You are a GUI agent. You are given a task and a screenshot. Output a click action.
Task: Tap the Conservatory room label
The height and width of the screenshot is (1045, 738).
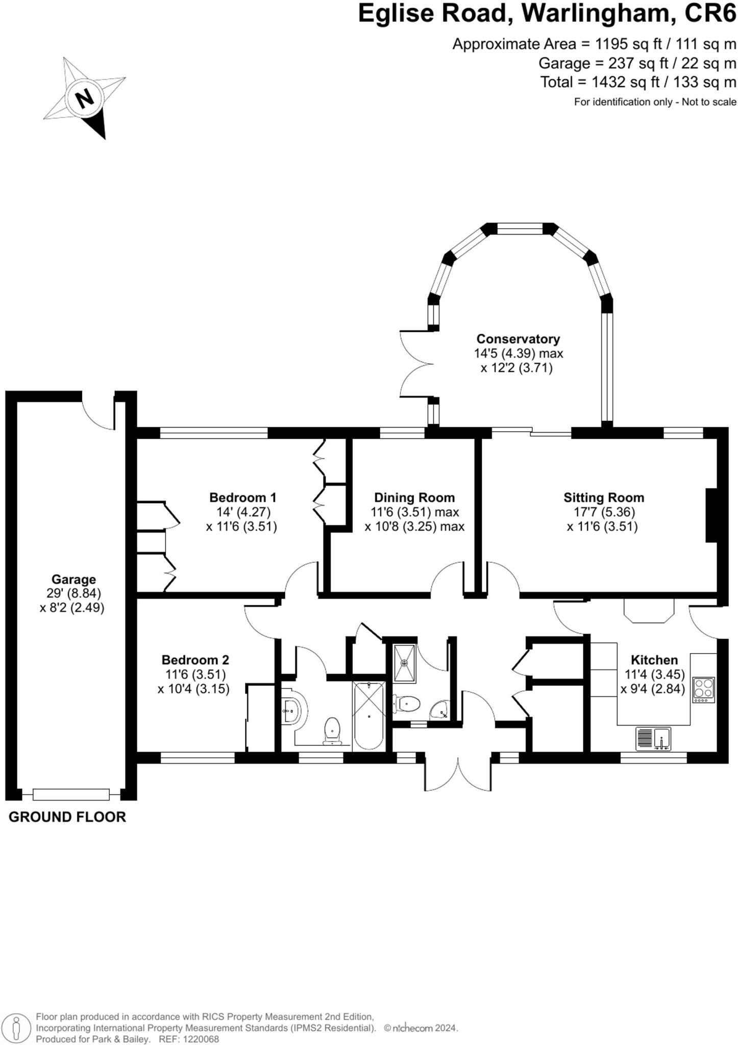click(518, 339)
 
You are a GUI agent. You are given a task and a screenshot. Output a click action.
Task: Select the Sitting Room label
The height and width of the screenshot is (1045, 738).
click(604, 497)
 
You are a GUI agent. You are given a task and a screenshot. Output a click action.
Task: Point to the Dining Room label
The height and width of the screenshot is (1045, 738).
click(414, 497)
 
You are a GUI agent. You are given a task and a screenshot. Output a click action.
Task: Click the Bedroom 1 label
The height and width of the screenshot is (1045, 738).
click(243, 497)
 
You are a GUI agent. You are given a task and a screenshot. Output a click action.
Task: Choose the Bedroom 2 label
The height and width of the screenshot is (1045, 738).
click(195, 660)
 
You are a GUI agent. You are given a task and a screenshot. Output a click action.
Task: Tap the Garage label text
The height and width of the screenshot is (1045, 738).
click(73, 580)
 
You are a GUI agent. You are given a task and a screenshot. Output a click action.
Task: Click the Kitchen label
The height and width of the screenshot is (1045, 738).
click(654, 660)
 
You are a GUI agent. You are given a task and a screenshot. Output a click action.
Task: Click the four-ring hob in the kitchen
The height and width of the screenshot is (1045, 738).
click(703, 690)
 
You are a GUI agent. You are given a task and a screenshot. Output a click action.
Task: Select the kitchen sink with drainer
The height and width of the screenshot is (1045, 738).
click(653, 738)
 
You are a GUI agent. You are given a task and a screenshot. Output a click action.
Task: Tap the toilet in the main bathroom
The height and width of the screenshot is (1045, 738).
click(332, 731)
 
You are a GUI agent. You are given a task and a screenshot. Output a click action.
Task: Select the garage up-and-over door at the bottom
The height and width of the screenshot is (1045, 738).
click(71, 794)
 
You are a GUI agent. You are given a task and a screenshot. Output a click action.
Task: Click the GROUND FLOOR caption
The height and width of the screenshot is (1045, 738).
click(67, 817)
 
